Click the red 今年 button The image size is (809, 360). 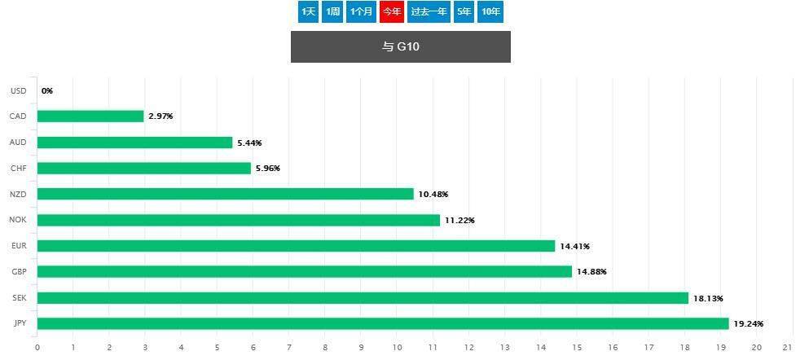392,11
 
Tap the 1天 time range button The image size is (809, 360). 308,11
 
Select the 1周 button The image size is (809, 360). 332,11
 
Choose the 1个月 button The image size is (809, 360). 361,11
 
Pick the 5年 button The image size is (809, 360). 464,11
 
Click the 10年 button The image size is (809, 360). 490,11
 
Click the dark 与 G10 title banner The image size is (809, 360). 401,47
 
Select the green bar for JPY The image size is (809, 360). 383,324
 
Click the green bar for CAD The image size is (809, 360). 90,116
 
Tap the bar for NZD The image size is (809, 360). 226,194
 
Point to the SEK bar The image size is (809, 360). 363,298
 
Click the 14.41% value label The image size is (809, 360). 574,247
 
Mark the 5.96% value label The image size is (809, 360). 267,169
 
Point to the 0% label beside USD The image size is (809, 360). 47,90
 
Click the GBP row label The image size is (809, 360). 19,272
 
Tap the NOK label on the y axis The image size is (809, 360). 19,220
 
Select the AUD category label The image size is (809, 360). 19,143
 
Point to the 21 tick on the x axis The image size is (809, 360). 793,348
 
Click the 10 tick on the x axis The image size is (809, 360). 397,348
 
